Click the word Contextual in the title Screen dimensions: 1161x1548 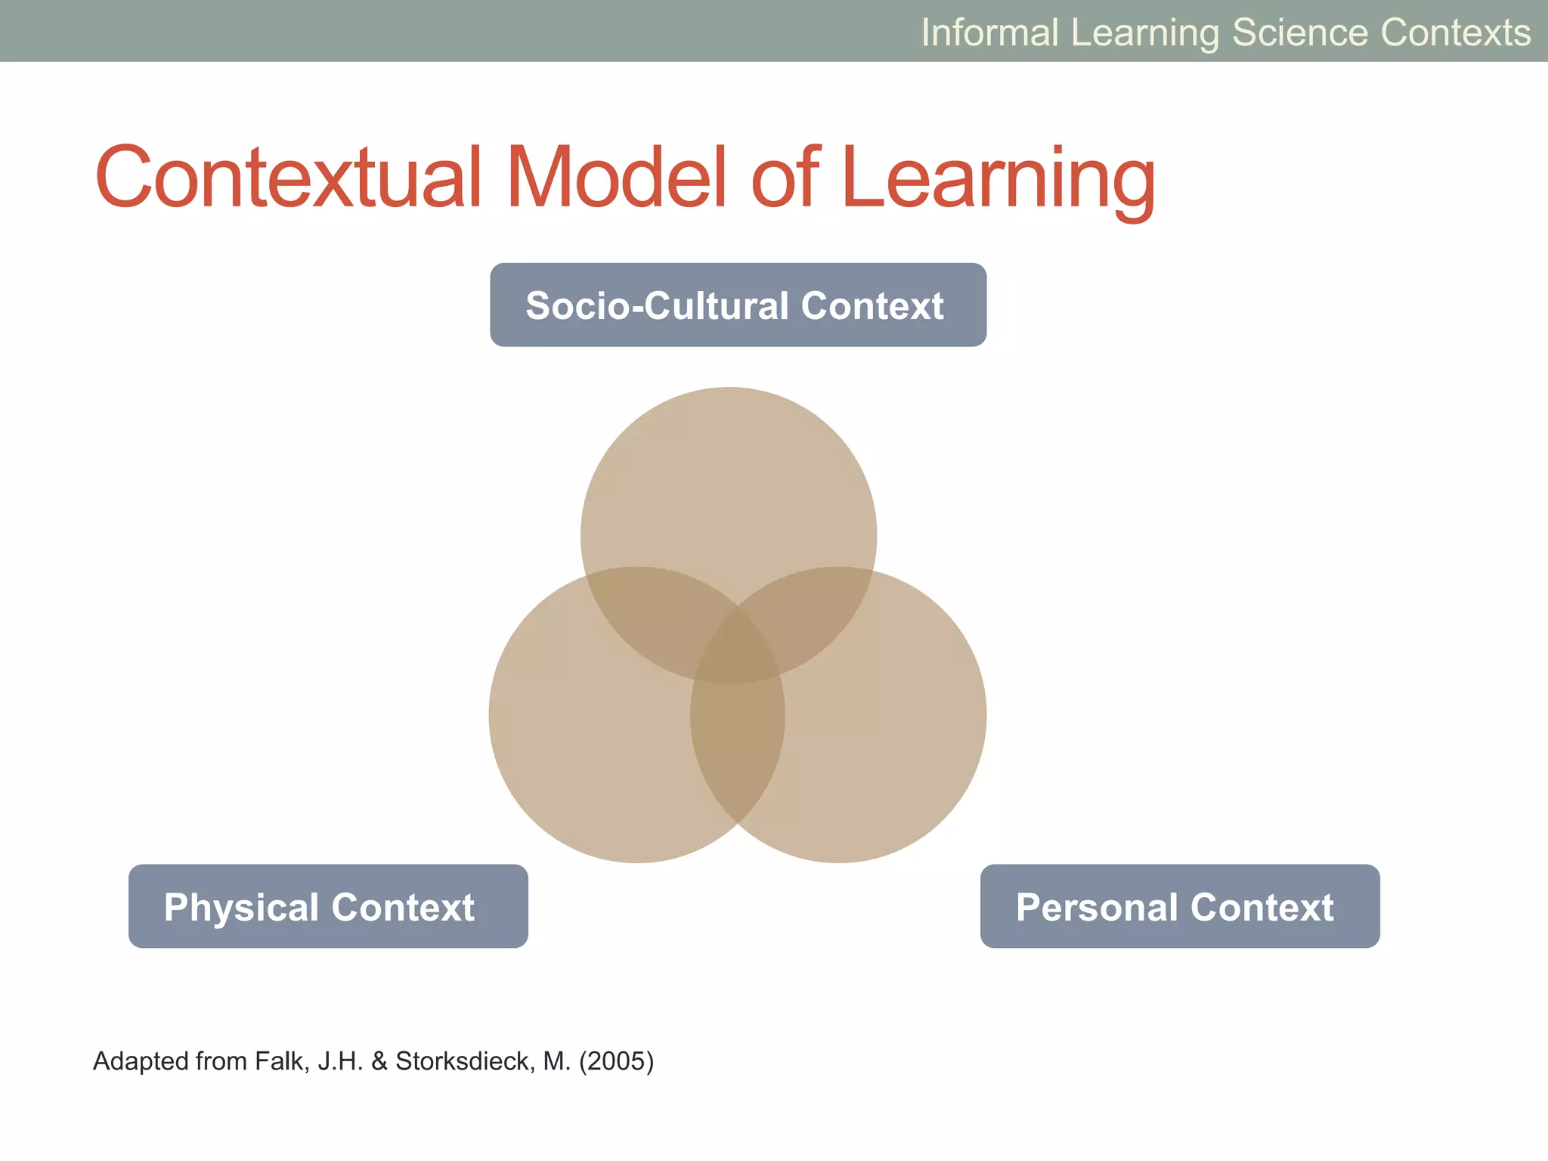tap(287, 178)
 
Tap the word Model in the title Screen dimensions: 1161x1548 tap(616, 178)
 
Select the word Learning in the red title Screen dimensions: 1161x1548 tap(998, 178)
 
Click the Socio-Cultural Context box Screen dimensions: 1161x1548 tap(738, 305)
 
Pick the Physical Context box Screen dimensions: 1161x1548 tap(328, 906)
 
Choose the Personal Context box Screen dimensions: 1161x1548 tap(1180, 906)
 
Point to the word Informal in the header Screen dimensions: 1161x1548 tap(989, 33)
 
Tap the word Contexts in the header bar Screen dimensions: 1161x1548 tap(1455, 33)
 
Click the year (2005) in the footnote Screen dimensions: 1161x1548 tap(616, 1061)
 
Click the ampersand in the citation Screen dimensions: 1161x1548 tap(379, 1061)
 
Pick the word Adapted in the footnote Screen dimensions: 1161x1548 tap(141, 1061)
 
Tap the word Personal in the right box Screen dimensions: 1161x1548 tap(1096, 907)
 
